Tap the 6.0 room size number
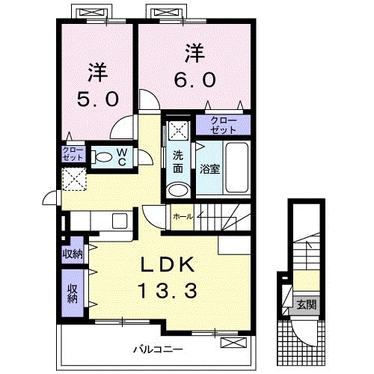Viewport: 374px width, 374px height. tap(196, 78)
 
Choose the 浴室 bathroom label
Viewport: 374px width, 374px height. tap(209, 170)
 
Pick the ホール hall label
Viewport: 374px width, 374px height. tap(183, 216)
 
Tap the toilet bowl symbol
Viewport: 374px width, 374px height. tap(102, 158)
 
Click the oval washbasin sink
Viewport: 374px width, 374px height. tap(177, 190)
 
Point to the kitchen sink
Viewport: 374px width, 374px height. tap(120, 221)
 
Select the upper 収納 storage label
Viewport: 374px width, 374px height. tap(73, 254)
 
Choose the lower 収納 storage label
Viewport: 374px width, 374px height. tap(73, 292)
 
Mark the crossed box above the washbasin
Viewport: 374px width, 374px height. tap(177, 129)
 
